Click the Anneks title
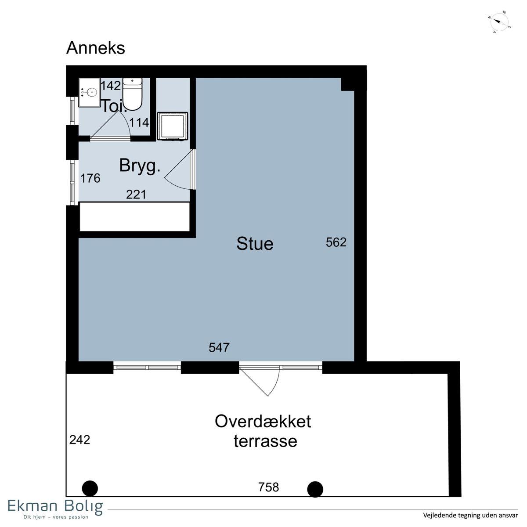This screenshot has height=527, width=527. (95, 48)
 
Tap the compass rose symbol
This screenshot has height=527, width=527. (499, 22)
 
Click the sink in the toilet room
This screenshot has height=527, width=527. (90, 92)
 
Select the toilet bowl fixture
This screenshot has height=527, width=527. (132, 94)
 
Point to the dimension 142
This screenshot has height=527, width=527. (111, 86)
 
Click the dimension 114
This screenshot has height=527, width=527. (139, 123)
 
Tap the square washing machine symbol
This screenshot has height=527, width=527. (173, 126)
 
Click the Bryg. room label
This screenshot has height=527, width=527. (140, 166)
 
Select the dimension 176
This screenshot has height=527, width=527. (90, 178)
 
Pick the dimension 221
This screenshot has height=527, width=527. (136, 195)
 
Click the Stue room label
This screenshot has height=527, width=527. (255, 244)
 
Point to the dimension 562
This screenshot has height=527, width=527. (336, 242)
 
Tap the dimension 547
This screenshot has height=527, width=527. (219, 347)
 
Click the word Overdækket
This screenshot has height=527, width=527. (263, 421)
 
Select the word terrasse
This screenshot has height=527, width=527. (265, 441)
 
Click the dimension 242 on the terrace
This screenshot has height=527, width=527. (79, 440)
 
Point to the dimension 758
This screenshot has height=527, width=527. (269, 487)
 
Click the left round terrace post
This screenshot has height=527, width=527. (90, 488)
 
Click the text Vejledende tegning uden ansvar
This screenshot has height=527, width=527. (470, 515)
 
